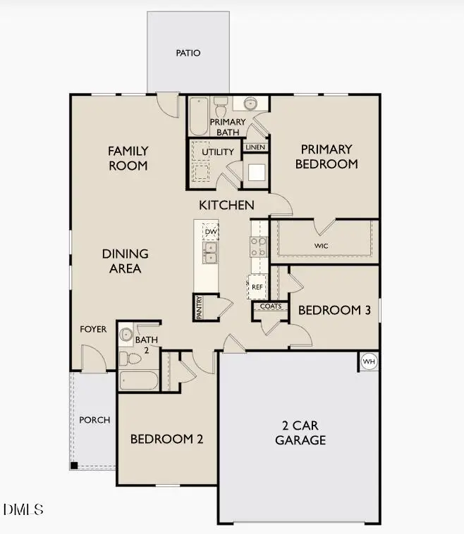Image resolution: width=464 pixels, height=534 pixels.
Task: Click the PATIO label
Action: (188, 53)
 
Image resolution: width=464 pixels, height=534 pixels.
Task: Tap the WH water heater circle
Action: (369, 361)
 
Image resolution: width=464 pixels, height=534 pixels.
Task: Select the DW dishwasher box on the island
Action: (210, 231)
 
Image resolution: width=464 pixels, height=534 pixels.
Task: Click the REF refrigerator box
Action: (257, 287)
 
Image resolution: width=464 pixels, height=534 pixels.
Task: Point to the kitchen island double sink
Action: (210, 254)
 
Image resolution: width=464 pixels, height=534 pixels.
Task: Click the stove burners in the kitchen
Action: (258, 246)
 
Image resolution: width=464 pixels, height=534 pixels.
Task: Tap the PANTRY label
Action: (200, 307)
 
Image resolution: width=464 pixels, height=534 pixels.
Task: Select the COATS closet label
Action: (270, 306)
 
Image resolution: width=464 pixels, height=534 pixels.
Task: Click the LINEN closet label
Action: (255, 147)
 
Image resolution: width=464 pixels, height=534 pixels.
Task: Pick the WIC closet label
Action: (322, 246)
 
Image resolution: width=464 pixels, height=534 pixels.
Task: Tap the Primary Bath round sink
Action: (250, 104)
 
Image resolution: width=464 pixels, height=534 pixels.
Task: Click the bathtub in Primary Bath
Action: (200, 115)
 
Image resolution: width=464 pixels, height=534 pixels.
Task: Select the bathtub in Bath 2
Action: (139, 380)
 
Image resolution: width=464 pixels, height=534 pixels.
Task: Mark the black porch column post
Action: (73, 466)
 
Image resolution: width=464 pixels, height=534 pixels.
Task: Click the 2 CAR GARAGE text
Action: (304, 433)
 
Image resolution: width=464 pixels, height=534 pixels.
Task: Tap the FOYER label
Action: (93, 329)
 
